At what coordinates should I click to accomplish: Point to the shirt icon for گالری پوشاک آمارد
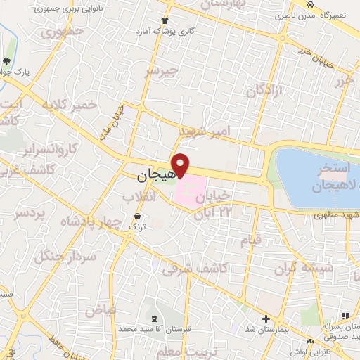click(165, 21)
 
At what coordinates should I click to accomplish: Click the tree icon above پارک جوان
click(7, 61)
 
